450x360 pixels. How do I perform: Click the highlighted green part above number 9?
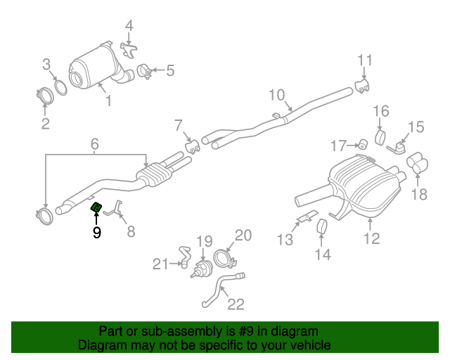coord(96,207)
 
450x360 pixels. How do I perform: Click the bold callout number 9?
coord(96,232)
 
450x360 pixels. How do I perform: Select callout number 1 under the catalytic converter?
coord(108,102)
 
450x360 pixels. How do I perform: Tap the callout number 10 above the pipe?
coord(276,95)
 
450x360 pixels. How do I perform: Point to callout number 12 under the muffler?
coord(371,239)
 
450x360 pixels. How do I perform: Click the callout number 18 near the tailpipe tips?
coord(418,195)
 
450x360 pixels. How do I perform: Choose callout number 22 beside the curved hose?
coord(236,304)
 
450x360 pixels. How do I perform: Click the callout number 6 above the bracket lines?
coord(94,146)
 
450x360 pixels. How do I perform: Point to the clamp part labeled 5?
coord(145,72)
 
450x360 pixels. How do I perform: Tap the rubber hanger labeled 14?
coord(324,229)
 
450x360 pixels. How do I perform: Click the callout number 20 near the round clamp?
coord(243,236)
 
